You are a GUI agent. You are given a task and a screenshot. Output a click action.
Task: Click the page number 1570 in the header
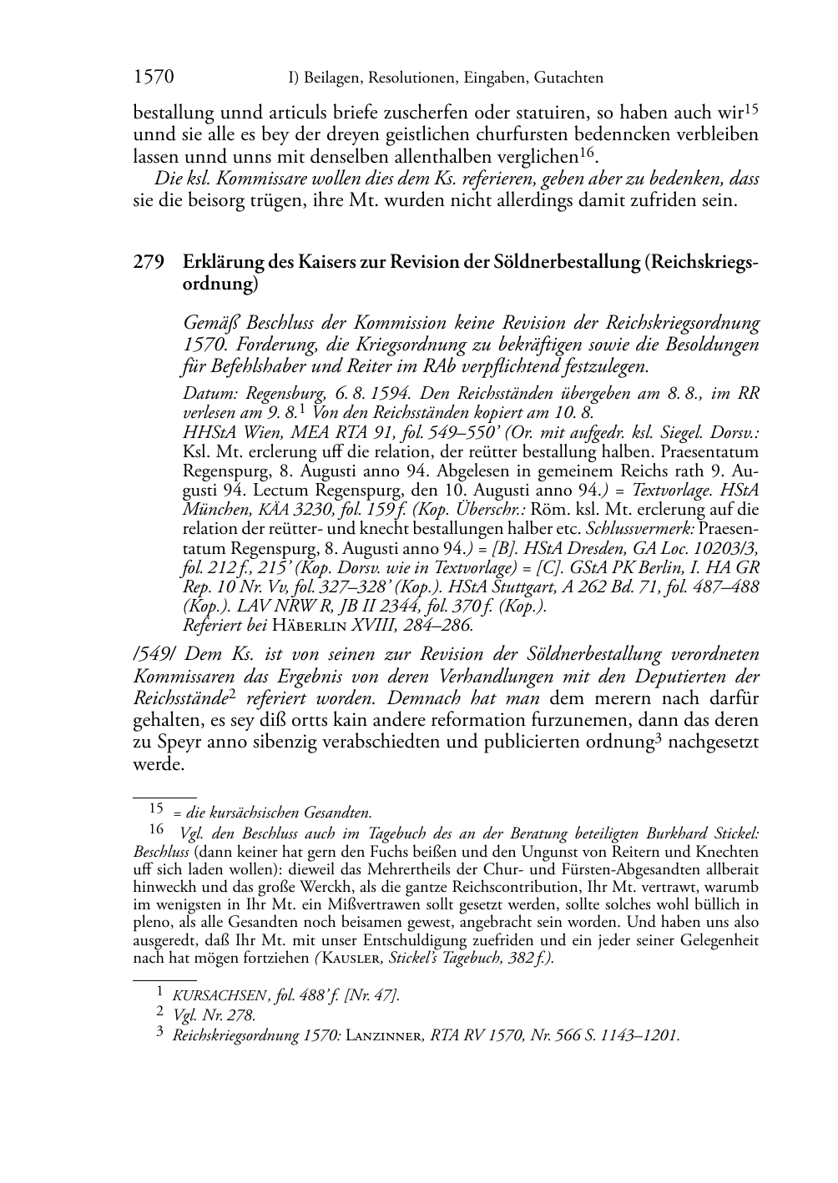click(154, 78)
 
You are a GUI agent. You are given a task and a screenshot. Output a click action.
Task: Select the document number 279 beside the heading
click(148, 262)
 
